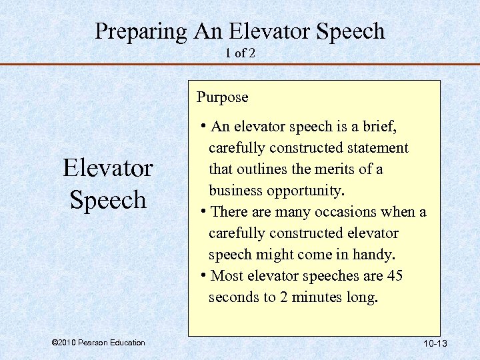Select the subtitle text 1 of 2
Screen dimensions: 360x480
(x=240, y=53)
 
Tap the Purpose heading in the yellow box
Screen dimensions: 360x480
(x=222, y=97)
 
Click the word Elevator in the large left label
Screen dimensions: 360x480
(x=108, y=168)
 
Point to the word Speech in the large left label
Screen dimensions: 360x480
(x=108, y=199)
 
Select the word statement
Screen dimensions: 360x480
(x=375, y=148)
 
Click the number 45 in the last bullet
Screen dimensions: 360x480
(x=413, y=276)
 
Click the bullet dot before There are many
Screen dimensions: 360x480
(x=203, y=212)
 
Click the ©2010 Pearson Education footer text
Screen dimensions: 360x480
(x=98, y=343)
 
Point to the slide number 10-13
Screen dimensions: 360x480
(x=434, y=343)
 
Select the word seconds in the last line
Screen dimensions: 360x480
(x=233, y=297)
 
